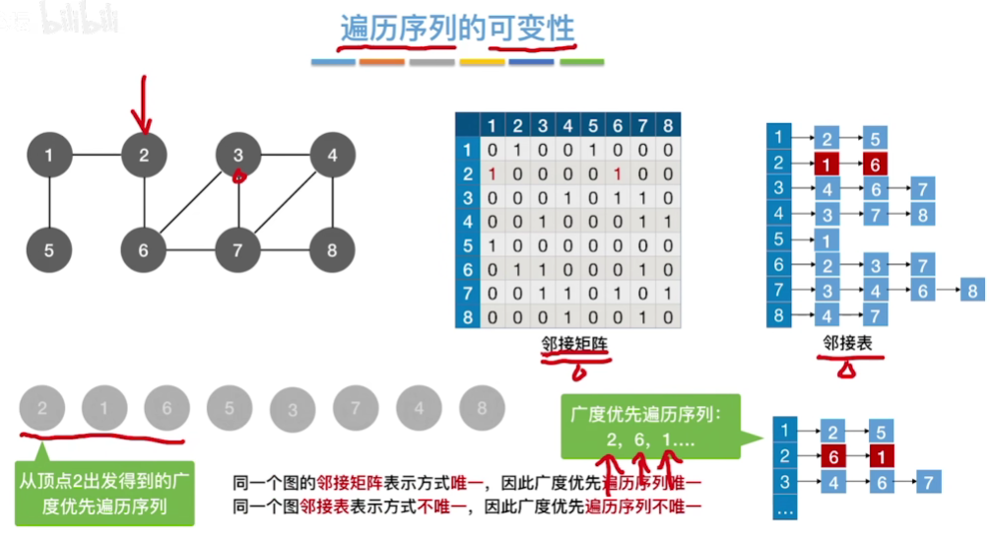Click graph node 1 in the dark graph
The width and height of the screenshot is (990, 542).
click(49, 155)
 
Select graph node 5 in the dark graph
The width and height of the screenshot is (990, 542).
click(49, 250)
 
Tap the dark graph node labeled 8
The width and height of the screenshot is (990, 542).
click(332, 250)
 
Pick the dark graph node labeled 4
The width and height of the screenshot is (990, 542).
click(332, 155)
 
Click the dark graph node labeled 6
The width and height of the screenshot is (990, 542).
click(144, 250)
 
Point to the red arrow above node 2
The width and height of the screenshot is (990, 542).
click(145, 103)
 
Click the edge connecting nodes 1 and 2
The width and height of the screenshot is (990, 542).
click(97, 155)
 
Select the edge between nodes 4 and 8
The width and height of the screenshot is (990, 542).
click(332, 202)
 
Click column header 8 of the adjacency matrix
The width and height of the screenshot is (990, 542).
click(668, 126)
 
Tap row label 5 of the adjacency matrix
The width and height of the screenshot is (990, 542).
click(468, 245)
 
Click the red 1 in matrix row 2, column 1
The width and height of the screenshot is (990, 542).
click(492, 174)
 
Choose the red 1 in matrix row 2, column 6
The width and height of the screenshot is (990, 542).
click(617, 174)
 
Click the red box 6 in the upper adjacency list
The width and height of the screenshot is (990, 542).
click(873, 164)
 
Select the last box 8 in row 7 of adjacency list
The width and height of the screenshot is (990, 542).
click(972, 291)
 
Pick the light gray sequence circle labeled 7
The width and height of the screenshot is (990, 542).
click(356, 407)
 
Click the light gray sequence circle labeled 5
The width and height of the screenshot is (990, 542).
click(230, 407)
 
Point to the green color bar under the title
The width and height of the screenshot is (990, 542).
click(581, 62)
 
